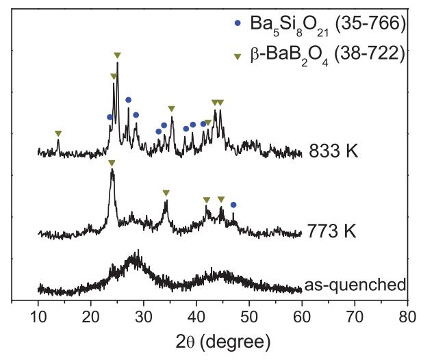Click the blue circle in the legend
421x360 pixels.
(x=238, y=23)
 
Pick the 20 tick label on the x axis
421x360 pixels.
(x=90, y=316)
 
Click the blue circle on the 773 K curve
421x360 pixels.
(x=233, y=205)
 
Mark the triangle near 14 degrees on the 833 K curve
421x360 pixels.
(x=58, y=133)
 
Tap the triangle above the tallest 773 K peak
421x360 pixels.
(x=112, y=162)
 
